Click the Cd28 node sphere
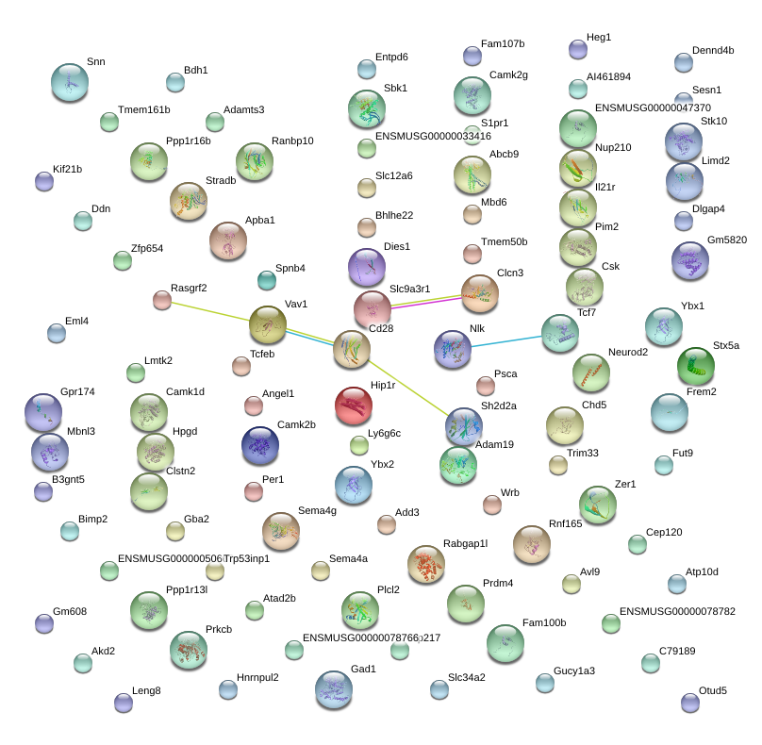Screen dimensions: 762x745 pos(352,349)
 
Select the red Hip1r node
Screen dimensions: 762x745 pos(354,404)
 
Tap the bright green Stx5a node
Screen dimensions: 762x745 pos(695,365)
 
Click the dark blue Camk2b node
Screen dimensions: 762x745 pos(259,445)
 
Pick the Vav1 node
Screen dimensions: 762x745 pos(268,324)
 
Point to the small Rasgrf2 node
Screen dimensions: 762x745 pos(162,300)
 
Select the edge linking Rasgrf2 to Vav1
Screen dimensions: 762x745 pos(212,311)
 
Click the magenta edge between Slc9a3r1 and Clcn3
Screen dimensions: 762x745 pos(426,302)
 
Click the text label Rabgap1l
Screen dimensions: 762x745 pos(465,543)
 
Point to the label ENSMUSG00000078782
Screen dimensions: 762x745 pos(677,611)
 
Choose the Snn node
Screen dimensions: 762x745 pos(69,82)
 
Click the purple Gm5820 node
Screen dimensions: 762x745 pos(689,261)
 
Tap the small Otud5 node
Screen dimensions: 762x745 pos(689,703)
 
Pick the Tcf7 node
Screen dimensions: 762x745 pos(560,333)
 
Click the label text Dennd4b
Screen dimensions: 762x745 pos(712,50)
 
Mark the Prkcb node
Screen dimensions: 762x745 pos(188,650)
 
